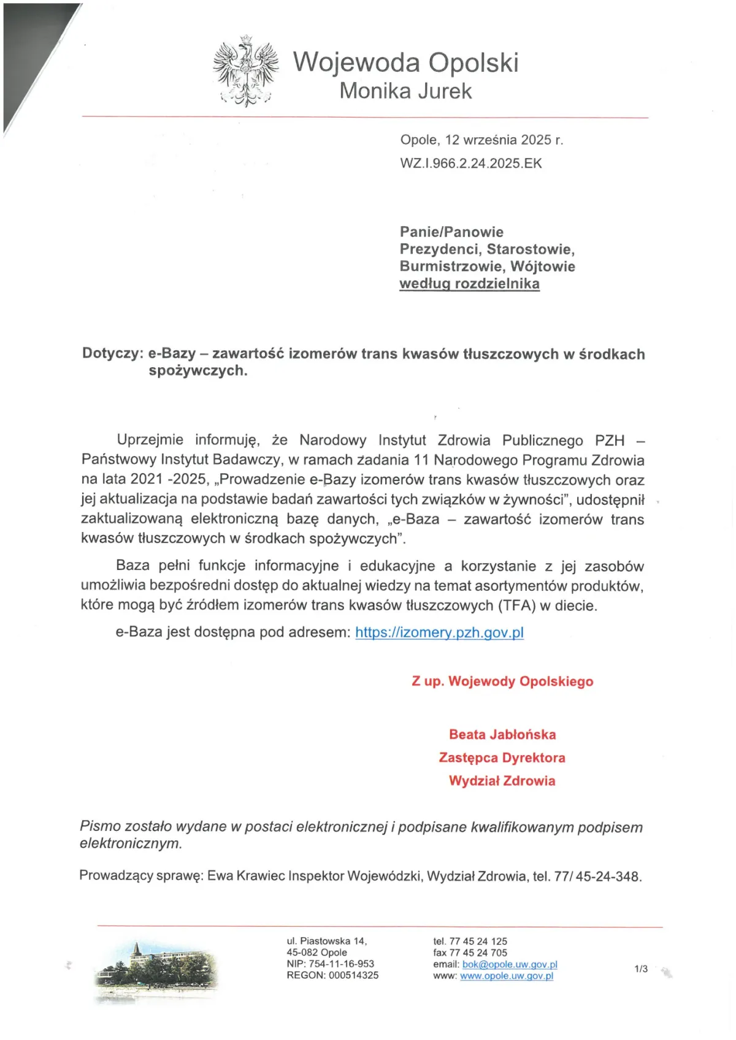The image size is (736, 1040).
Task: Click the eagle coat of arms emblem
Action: point(245,71)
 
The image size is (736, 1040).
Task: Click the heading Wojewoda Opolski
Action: point(405,63)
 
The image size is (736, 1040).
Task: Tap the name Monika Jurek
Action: point(405,91)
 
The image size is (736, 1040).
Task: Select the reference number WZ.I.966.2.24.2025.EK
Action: point(471,164)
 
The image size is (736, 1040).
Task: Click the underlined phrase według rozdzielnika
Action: point(469,284)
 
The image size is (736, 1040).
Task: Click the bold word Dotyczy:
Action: point(113,354)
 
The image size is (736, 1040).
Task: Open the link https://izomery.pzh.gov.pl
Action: point(439,632)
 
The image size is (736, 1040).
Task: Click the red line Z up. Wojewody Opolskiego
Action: point(502,681)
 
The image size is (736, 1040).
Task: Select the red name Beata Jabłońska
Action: point(502,734)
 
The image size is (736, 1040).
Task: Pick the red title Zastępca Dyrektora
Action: point(502,757)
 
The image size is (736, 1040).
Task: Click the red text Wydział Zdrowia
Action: point(502,781)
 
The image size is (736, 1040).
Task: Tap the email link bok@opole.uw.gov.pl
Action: point(510,964)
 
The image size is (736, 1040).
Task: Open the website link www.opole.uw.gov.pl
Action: point(507,976)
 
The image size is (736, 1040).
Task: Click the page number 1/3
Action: point(641,969)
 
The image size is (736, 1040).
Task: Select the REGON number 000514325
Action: point(353,975)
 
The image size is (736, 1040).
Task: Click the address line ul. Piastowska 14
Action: point(327,941)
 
